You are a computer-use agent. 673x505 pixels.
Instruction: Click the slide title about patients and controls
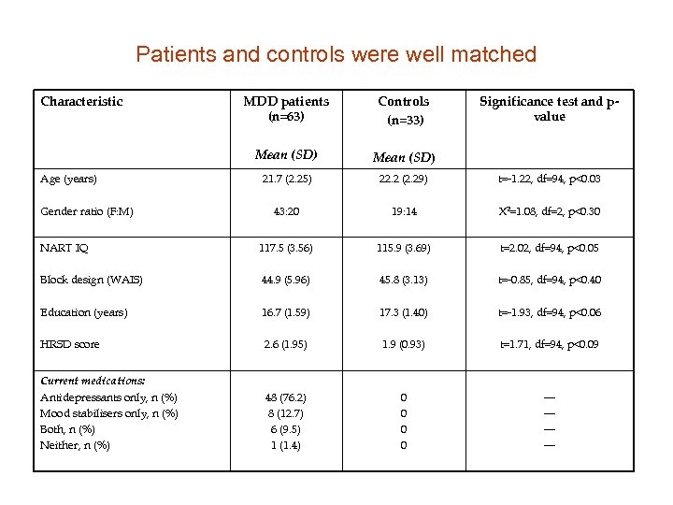336,54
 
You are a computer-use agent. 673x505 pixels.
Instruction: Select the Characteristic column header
81,101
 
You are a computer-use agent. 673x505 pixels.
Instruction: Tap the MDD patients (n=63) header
286,108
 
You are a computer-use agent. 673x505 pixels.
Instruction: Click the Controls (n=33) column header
404,109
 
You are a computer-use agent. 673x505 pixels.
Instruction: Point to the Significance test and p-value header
549,108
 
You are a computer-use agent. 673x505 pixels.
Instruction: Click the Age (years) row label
68,179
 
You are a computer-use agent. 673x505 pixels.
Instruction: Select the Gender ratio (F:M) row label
87,211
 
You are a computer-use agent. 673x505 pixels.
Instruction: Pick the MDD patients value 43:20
286,211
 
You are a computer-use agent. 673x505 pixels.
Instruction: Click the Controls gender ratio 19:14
404,211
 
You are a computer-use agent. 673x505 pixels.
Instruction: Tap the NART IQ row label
64,249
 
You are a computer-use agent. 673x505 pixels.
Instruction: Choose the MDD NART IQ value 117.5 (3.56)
286,249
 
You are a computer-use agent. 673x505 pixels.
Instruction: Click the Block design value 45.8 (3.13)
404,280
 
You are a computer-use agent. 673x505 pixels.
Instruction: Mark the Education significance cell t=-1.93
549,312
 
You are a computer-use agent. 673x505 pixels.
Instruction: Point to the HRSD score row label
70,344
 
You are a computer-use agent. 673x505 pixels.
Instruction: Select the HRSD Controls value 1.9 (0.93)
404,344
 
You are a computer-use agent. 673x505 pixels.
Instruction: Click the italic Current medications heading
93,381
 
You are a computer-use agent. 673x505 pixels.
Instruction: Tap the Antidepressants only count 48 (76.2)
286,397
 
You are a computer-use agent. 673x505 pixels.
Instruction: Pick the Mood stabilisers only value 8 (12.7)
286,413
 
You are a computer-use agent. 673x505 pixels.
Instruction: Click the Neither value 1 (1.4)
286,445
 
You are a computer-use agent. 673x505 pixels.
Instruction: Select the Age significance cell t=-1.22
549,179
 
